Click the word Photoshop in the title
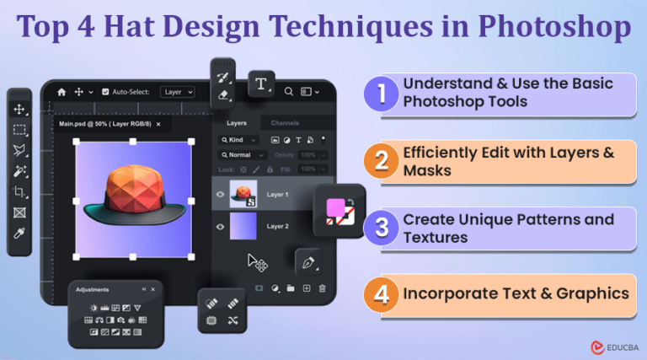(x=559, y=29)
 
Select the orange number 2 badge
(x=382, y=161)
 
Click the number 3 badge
(x=382, y=228)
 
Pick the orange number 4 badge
(x=382, y=294)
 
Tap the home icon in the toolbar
(x=61, y=92)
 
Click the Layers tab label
(x=237, y=123)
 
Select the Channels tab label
(x=285, y=123)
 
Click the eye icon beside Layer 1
(x=220, y=194)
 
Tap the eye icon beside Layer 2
(x=220, y=226)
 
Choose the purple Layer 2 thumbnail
(x=244, y=226)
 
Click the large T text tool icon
(x=262, y=84)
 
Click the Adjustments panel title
(x=93, y=289)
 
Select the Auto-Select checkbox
(x=104, y=92)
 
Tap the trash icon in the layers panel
(x=322, y=288)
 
